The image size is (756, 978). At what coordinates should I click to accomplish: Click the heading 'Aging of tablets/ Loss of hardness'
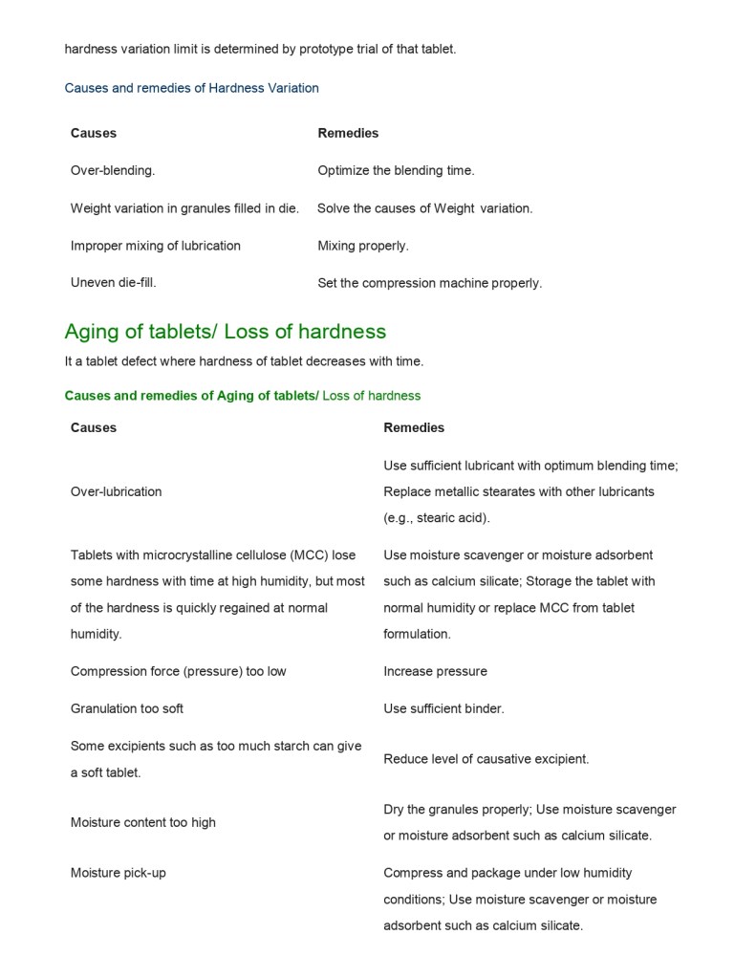pos(225,332)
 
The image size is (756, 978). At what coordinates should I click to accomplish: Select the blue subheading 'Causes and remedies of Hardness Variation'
pos(191,88)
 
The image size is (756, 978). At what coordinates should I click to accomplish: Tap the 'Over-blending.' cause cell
pos(112,170)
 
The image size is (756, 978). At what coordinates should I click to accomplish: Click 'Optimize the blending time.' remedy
pos(396,170)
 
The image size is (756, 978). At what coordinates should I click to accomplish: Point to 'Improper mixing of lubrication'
pos(155,246)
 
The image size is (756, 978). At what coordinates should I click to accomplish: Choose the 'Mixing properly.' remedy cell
pos(362,246)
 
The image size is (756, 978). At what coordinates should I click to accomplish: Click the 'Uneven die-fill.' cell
pos(113,283)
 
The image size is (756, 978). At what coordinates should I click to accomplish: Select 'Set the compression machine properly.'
pos(429,283)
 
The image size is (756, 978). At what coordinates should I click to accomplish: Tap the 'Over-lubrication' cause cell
pos(116,491)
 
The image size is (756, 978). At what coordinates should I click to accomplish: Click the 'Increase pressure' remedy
pos(435,671)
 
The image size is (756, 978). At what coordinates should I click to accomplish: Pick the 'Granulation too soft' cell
pos(126,708)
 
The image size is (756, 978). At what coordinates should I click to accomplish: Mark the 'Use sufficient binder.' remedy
pos(443,708)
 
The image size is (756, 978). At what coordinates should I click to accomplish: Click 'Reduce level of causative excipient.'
pos(486,759)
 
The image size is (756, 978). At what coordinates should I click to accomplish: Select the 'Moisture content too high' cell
pos(142,822)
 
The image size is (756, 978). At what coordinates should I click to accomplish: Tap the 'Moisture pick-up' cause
pos(118,873)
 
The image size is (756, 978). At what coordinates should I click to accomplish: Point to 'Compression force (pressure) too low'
pos(178,671)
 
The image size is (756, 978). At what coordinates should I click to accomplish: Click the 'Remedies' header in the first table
pos(348,133)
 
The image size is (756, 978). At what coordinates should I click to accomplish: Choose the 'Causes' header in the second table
pos(93,427)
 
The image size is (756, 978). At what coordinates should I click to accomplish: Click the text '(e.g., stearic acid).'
pos(436,518)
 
